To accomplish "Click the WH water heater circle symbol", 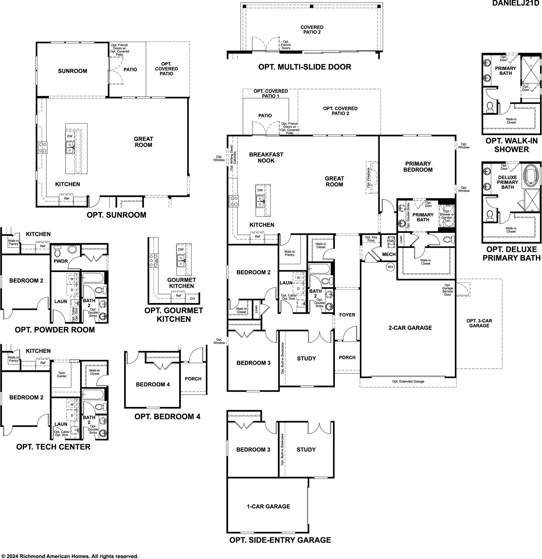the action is point(390,267).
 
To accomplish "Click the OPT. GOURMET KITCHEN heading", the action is point(174,315).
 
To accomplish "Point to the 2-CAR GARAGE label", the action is point(410,328).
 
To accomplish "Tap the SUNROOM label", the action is point(73,71).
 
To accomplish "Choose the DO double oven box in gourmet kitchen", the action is point(192,299).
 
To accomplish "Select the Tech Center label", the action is point(62,374).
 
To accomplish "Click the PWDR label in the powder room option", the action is point(61,261).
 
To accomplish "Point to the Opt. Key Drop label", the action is point(371,239).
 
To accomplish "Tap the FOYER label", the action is point(347,315).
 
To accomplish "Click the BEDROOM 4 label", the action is point(153,384).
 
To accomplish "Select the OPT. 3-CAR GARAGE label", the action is point(479,323).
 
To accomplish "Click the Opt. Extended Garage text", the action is point(408,381).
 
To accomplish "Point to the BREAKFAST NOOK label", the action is point(266,158).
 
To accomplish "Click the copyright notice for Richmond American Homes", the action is point(70,556).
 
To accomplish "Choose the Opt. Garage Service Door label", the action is point(448,290).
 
